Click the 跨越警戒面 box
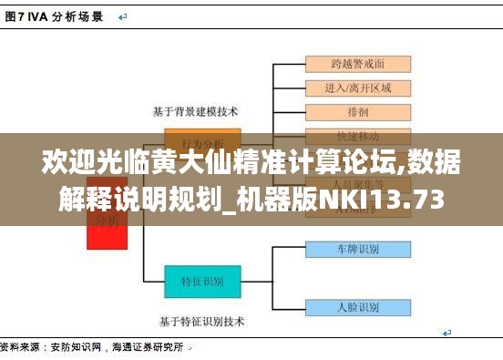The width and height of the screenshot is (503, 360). point(357,64)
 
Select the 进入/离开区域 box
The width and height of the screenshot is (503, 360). point(357,88)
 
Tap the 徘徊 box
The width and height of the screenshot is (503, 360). point(357,112)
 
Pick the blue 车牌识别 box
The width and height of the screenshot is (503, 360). point(357,248)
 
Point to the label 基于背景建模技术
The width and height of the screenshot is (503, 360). point(195,111)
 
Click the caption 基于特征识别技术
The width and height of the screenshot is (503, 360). point(201,321)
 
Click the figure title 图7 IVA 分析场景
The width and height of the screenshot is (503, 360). point(54,16)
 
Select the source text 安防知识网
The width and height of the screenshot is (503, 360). point(76,347)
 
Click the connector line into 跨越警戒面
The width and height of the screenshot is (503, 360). point(290,64)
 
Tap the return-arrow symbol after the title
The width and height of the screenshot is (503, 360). point(122,16)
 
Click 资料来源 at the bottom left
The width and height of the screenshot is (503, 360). point(20,347)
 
